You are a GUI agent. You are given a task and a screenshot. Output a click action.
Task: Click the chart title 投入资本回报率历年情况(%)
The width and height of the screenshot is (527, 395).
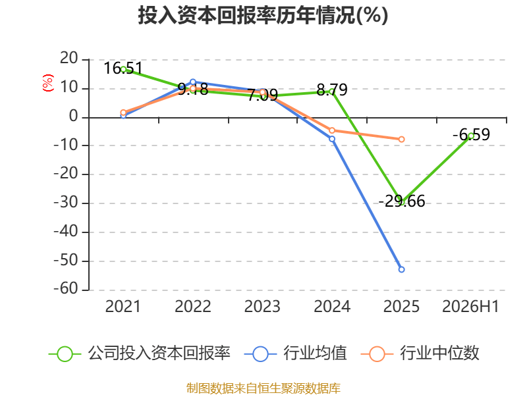tap(263, 15)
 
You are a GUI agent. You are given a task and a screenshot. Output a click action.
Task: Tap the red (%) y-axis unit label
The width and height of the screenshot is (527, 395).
tap(48, 83)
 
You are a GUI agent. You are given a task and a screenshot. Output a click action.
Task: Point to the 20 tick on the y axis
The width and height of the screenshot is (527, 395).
tap(69, 59)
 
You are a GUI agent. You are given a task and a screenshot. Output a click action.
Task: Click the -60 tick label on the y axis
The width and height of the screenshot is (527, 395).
tap(66, 289)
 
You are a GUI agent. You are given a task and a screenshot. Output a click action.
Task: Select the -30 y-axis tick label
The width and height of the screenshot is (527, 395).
tap(66, 203)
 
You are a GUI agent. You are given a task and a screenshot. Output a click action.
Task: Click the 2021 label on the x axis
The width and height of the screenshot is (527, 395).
tap(123, 306)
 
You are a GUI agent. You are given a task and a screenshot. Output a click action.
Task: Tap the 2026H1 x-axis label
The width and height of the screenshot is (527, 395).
tap(470, 306)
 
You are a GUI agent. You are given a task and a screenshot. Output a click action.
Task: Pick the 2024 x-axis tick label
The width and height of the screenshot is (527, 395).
tap(332, 306)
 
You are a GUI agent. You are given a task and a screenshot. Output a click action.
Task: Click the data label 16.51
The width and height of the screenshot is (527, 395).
tap(123, 68)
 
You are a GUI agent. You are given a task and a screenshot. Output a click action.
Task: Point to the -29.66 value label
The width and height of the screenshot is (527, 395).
tap(402, 201)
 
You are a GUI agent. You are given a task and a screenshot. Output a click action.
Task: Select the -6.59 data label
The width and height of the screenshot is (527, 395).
tap(471, 135)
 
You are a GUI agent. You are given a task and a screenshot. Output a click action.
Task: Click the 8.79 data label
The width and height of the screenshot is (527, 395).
tap(332, 90)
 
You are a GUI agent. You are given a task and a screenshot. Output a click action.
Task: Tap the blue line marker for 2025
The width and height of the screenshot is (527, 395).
tap(401, 269)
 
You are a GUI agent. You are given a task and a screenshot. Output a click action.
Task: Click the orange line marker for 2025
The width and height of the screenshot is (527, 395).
tap(401, 139)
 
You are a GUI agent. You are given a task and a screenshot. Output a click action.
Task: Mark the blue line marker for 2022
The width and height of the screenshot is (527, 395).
tap(193, 82)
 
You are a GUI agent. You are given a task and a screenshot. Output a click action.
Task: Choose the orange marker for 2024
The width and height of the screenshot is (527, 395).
tap(332, 130)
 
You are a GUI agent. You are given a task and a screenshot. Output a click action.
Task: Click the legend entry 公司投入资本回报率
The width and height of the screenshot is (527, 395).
tap(140, 354)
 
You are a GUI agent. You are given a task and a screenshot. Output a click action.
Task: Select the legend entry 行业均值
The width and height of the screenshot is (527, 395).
tap(295, 354)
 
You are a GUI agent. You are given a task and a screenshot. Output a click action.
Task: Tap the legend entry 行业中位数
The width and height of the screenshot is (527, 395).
tap(420, 354)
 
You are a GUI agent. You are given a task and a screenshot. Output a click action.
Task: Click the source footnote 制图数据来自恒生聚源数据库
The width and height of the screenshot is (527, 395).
tap(263, 388)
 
